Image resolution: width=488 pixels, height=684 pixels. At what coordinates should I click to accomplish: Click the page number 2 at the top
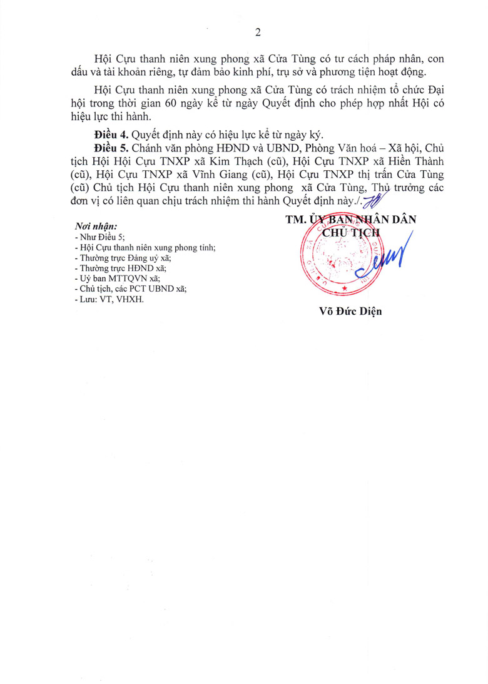[x=257, y=33]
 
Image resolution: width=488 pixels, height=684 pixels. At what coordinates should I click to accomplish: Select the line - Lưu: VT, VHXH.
[x=108, y=299]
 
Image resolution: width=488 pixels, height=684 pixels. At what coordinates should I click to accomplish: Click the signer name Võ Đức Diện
[x=350, y=311]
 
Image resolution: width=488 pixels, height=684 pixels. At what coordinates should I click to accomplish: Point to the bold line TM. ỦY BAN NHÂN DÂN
[x=350, y=220]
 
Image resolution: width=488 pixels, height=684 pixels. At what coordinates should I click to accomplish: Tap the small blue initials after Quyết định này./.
[x=374, y=202]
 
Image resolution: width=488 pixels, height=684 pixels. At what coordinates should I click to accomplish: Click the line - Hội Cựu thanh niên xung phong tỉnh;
[x=145, y=247]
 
